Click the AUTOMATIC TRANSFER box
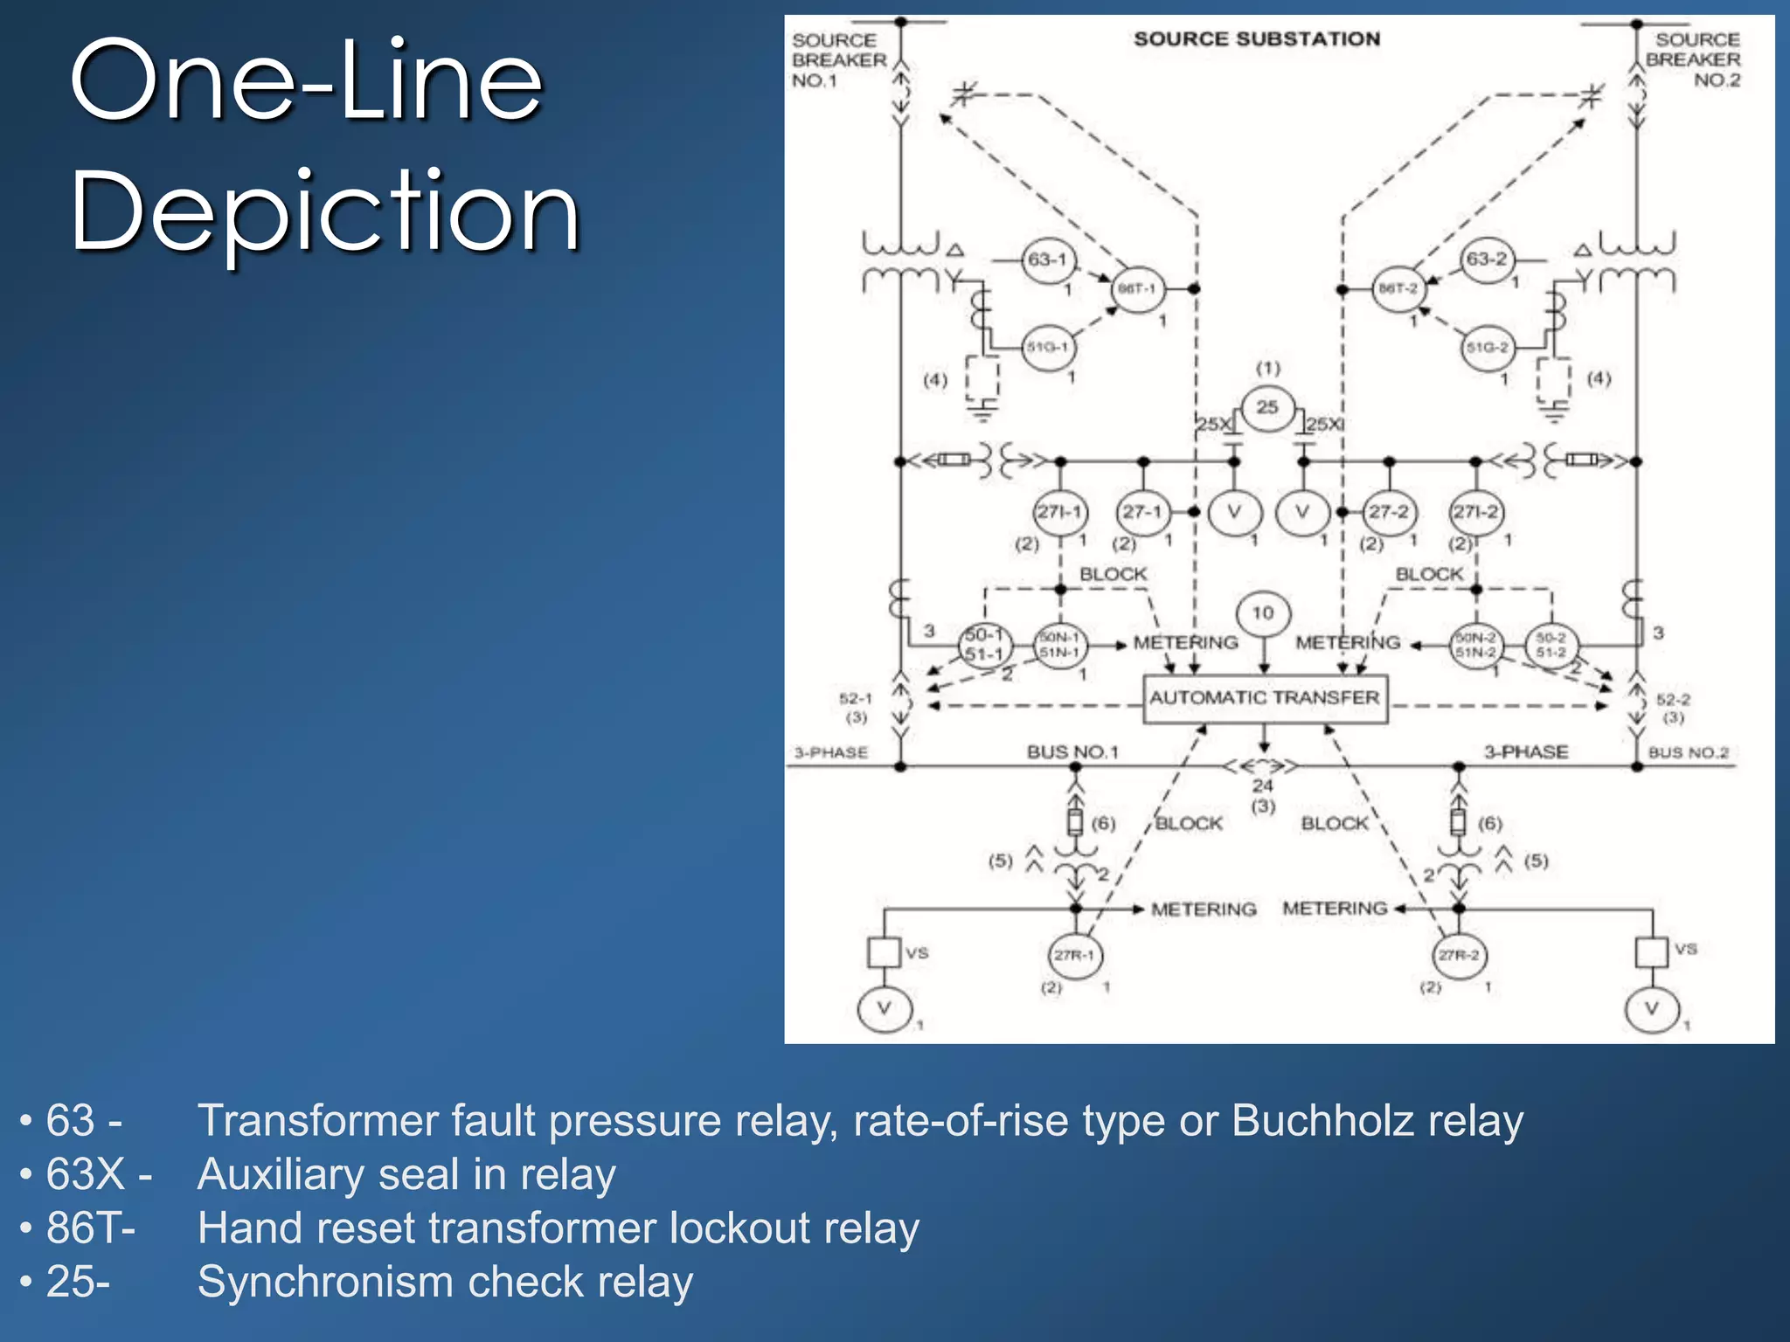[x=1265, y=698]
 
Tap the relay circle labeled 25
[x=1266, y=407]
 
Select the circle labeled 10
[x=1263, y=613]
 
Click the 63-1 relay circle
[x=1047, y=259]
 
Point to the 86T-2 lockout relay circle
[x=1398, y=288]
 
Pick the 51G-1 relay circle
[x=1047, y=347]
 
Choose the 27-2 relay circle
[x=1389, y=512]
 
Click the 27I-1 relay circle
[x=1059, y=512]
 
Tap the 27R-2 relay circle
[x=1459, y=955]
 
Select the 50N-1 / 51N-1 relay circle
[x=1059, y=646]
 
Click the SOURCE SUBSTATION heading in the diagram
[x=1257, y=39]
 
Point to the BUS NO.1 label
[x=1072, y=752]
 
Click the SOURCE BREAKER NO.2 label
[x=1693, y=59]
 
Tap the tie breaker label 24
[x=1262, y=785]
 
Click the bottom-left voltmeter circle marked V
[x=885, y=1009]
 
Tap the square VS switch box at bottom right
[x=1651, y=951]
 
